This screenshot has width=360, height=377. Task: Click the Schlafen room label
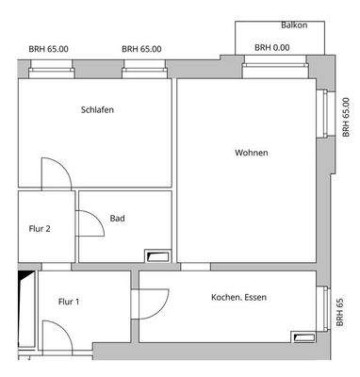coord(98,109)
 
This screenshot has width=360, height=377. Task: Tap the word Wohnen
coord(252,153)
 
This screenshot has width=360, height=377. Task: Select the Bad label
coord(118,219)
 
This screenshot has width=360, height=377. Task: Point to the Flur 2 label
coord(39,227)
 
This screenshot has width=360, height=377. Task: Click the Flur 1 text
coord(69,302)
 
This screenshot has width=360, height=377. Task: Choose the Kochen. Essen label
coord(239,298)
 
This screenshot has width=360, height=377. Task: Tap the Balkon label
coord(294,25)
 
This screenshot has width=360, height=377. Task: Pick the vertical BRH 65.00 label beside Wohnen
coord(345,117)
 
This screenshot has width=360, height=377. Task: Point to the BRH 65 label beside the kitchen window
coord(340,312)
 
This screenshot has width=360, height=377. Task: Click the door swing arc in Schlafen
coord(55,172)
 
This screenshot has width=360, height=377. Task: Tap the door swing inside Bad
coord(90,221)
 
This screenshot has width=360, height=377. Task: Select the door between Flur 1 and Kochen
coord(146,303)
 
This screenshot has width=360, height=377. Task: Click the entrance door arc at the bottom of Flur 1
coord(55,336)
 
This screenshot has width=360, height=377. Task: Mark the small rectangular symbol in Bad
coord(155,254)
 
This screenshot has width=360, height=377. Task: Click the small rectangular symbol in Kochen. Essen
coord(304,336)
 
